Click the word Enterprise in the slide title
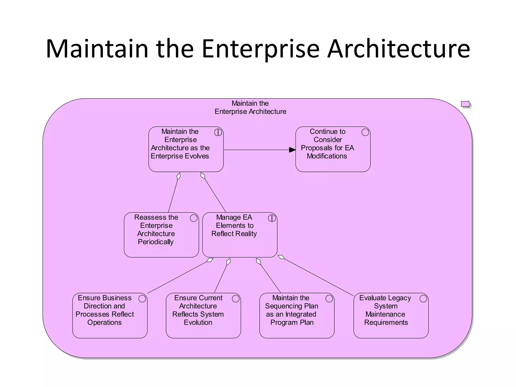(261, 49)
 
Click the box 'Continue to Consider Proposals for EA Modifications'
(333, 149)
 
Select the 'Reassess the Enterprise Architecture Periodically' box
(161, 235)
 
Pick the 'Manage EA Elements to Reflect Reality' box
(240, 235)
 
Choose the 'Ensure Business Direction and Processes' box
(110, 315)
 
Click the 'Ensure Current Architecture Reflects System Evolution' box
(203, 315)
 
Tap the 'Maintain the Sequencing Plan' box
(297, 315)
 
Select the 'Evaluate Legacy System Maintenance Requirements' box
(391, 315)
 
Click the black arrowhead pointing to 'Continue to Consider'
(293, 150)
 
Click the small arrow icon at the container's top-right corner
(466, 104)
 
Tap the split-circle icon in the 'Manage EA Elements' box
(272, 218)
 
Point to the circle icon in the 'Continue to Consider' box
(365, 132)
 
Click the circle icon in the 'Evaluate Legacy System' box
(423, 299)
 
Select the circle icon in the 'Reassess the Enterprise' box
(193, 218)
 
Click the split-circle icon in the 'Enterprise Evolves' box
(218, 132)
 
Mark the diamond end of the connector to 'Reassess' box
(179, 176)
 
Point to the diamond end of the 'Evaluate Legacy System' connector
(281, 257)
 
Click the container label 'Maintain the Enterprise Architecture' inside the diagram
(250, 108)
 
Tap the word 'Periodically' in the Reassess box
(156, 242)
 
